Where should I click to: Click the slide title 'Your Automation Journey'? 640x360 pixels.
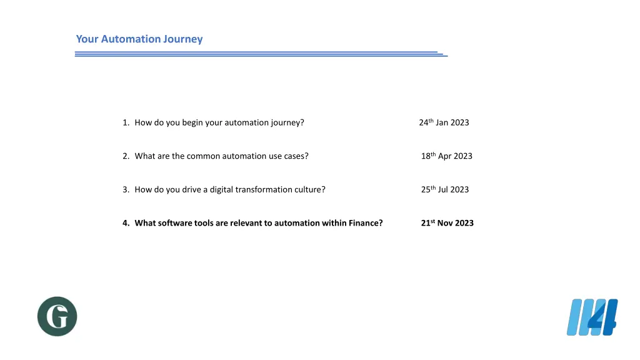[139, 39]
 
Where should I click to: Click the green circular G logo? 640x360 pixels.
[57, 316]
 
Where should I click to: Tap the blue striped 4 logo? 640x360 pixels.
[592, 317]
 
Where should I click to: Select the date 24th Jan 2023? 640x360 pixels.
[444, 122]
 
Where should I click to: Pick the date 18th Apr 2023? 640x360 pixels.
[446, 156]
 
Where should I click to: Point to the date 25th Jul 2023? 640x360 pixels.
[444, 189]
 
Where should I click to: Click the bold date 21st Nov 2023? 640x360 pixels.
[447, 223]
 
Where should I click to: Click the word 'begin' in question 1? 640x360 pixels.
[192, 122]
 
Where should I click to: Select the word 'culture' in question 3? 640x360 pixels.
[309, 189]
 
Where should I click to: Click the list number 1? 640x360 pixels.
[126, 122]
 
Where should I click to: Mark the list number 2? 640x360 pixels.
[126, 156]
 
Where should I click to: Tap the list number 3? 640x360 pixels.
[126, 189]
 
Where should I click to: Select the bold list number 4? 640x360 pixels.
[126, 223]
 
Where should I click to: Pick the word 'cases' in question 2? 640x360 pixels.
[296, 156]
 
